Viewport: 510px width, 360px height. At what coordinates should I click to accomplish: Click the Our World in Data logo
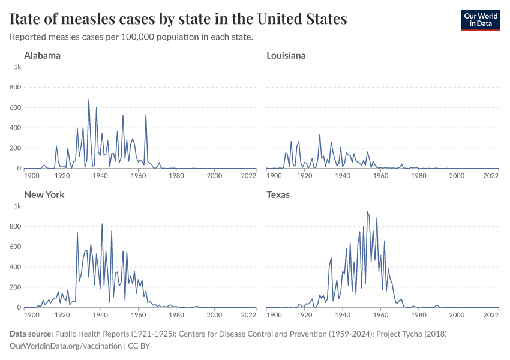pyautogui.click(x=480, y=19)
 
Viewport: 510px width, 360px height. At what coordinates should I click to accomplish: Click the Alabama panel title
pyautogui.click(x=42, y=56)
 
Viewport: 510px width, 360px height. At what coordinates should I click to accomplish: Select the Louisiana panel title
pyautogui.click(x=286, y=56)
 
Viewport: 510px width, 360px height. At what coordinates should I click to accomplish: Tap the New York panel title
pyautogui.click(x=44, y=195)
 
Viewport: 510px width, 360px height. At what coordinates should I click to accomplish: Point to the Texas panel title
pyautogui.click(x=278, y=195)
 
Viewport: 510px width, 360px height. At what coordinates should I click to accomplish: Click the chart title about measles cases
pyautogui.click(x=179, y=19)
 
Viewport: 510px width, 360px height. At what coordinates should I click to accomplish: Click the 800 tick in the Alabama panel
pyautogui.click(x=16, y=88)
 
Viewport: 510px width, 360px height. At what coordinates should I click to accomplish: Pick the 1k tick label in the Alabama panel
pyautogui.click(x=18, y=67)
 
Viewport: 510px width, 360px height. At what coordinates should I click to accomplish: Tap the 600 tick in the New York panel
pyautogui.click(x=16, y=247)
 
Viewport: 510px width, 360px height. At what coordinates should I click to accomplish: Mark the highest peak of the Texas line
pyautogui.click(x=367, y=212)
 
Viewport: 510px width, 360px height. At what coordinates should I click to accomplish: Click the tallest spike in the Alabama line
pyautogui.click(x=89, y=100)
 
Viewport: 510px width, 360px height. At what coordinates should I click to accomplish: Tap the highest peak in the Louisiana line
pyautogui.click(x=320, y=134)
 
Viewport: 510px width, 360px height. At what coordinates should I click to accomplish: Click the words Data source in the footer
pyautogui.click(x=31, y=334)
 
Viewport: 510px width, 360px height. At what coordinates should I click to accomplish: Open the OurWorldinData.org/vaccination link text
pyautogui.click(x=65, y=346)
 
